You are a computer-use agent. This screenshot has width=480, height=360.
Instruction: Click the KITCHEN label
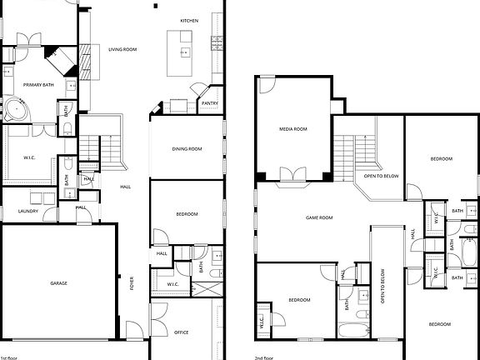coord(189,20)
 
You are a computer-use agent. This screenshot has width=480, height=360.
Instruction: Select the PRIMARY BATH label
coord(38,84)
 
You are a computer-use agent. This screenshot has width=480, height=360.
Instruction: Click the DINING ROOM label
coord(187,149)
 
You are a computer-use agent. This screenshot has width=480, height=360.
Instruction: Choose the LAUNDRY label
coord(28,212)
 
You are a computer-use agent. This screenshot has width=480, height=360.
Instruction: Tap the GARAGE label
coord(58,283)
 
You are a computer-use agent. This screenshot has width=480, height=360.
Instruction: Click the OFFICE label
coord(181,332)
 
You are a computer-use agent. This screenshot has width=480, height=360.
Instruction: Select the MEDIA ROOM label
coord(292,129)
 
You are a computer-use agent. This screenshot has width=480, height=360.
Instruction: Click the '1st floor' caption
coord(12,356)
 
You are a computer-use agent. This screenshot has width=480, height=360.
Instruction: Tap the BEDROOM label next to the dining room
coord(187,214)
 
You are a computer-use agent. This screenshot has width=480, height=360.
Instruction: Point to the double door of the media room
coord(292,174)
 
